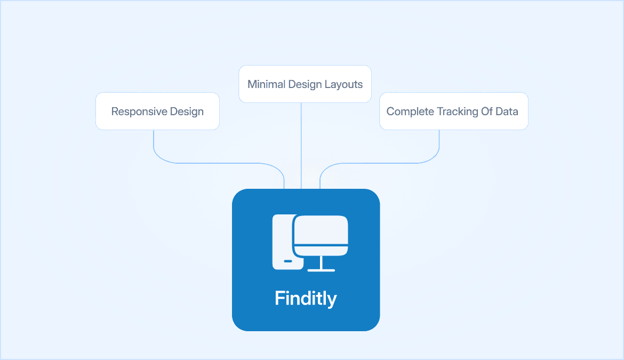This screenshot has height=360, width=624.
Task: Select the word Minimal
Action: tap(266, 84)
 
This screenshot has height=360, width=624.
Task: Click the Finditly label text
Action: tap(306, 298)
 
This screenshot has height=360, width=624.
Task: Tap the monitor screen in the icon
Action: tap(322, 230)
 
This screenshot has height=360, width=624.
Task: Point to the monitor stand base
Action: tap(322, 270)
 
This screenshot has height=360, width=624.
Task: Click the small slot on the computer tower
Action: tap(288, 261)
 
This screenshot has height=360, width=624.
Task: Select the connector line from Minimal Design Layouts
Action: tap(301, 144)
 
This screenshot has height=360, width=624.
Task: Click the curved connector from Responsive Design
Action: tap(213, 162)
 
